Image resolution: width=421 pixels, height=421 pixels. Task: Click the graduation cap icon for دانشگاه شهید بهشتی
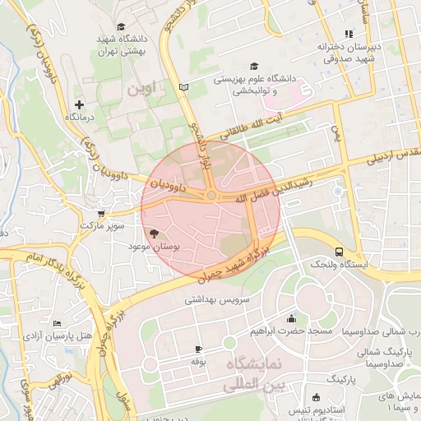coord(123,27)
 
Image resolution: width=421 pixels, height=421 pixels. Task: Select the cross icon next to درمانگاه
coord(79,104)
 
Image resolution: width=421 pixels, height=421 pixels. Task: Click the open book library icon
coord(184,86)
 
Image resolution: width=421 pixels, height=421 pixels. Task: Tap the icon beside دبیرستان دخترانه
coord(349,34)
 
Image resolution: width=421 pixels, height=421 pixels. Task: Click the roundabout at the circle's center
coord(211,195)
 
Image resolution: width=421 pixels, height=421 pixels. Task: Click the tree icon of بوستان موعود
coord(155,234)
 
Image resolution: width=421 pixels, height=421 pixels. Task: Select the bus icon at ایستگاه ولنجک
coord(339,252)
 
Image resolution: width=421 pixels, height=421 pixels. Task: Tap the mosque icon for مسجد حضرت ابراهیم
coord(291,319)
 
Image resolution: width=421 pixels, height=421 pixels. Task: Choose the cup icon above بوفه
coord(197,349)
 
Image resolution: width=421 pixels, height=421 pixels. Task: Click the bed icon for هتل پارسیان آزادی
coord(56,324)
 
